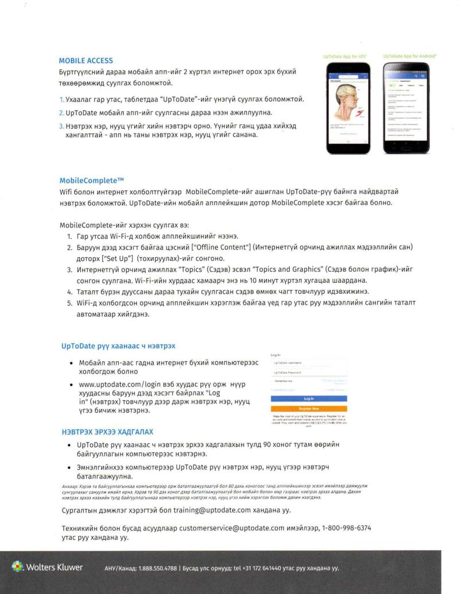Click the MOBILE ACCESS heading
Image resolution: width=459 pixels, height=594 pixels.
[85, 61]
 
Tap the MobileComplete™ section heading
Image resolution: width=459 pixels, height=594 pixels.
[92, 180]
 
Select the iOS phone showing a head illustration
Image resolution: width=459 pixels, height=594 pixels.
[348, 107]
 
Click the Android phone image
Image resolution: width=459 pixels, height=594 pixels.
[406, 107]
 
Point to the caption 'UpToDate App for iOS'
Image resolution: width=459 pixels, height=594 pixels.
[345, 56]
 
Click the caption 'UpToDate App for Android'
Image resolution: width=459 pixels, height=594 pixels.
[409, 56]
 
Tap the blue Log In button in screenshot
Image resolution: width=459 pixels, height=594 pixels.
[309, 398]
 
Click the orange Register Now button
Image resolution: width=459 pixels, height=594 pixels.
[309, 409]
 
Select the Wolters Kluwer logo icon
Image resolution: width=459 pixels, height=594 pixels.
[17, 567]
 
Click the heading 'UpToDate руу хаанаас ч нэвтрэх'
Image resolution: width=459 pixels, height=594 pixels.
[118, 346]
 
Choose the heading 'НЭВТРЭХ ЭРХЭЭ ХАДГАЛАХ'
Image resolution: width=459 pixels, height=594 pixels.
[107, 432]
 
